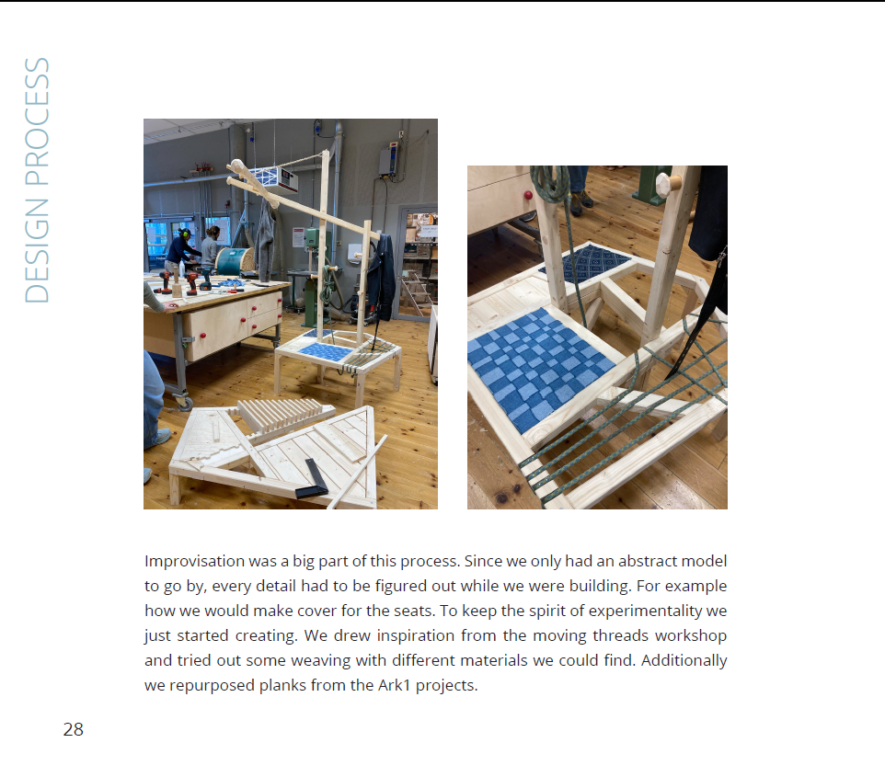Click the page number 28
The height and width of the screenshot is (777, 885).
click(74, 729)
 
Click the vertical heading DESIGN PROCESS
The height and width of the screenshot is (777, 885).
click(37, 180)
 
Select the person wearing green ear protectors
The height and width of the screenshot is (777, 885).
click(182, 249)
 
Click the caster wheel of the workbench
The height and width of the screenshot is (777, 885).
click(184, 402)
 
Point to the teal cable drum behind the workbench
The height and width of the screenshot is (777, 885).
click(235, 262)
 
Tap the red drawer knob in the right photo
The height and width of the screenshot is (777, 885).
click(528, 195)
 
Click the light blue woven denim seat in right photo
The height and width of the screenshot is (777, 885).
click(540, 367)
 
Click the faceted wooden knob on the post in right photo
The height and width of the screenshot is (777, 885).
click(669, 184)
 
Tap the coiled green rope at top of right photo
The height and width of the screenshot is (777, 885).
click(551, 182)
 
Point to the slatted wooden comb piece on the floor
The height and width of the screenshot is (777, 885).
click(282, 416)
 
